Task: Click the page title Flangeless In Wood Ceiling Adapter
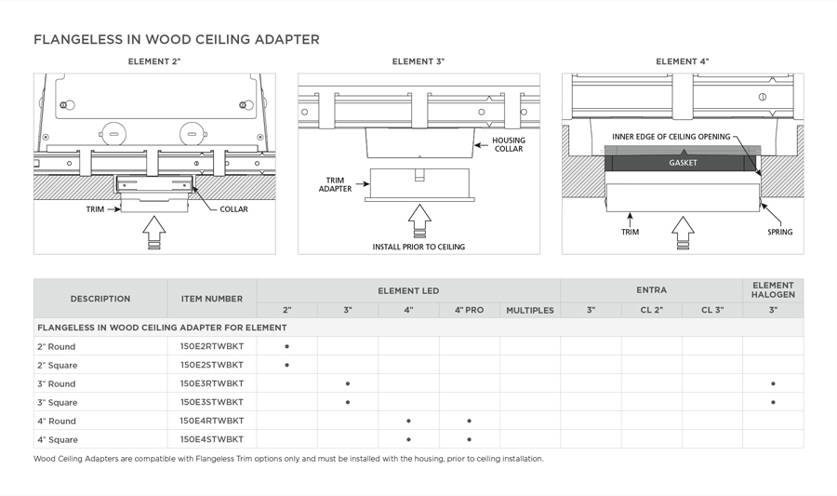pyautogui.click(x=177, y=40)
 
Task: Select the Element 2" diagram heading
pyautogui.click(x=154, y=62)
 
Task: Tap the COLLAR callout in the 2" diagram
pyautogui.click(x=233, y=209)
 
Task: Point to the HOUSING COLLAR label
pyautogui.click(x=509, y=144)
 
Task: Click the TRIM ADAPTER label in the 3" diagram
pyautogui.click(x=335, y=184)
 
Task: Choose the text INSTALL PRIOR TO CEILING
pyautogui.click(x=418, y=247)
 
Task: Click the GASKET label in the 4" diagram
pyautogui.click(x=683, y=163)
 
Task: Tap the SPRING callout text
pyautogui.click(x=779, y=232)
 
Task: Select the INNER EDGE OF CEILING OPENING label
pyautogui.click(x=671, y=137)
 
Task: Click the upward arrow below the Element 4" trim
pyautogui.click(x=684, y=233)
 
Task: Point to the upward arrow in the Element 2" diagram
pyautogui.click(x=154, y=233)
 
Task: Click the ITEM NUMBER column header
pyautogui.click(x=211, y=299)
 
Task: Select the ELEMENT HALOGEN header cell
pyautogui.click(x=773, y=289)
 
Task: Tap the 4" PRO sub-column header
pyautogui.click(x=469, y=310)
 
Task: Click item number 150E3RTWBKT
pyautogui.click(x=211, y=383)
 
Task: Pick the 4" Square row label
pyautogui.click(x=58, y=439)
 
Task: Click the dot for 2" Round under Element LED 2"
pyautogui.click(x=286, y=346)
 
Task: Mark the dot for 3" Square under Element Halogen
pyautogui.click(x=773, y=402)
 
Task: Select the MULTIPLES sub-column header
pyautogui.click(x=529, y=310)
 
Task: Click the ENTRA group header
pyautogui.click(x=651, y=289)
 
